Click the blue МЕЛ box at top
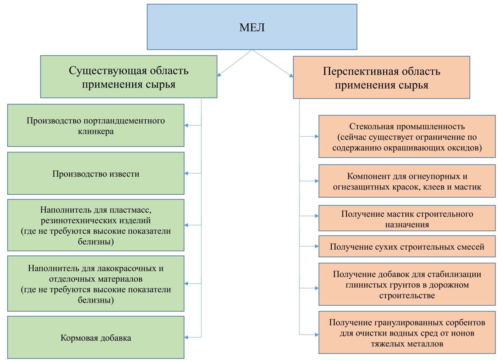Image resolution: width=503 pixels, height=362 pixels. (252, 27)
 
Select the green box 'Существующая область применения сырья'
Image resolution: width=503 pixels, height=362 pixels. (129, 77)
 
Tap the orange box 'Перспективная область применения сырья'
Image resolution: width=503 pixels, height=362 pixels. (382, 77)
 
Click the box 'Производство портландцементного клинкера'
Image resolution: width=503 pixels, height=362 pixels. (96, 126)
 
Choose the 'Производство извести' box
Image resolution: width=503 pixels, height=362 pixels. (96, 173)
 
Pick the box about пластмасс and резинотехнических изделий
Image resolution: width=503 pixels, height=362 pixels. (96, 225)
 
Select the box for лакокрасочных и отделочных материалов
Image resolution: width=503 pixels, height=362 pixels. (96, 284)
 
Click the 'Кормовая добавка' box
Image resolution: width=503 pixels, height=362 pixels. (96, 337)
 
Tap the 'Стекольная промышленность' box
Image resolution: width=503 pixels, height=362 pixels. (407, 137)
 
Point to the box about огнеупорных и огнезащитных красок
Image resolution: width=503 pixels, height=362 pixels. (407, 181)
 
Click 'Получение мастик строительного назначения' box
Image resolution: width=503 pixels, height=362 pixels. (407, 218)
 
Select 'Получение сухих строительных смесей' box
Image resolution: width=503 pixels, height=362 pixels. (407, 246)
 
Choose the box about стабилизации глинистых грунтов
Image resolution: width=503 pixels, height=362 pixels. (407, 285)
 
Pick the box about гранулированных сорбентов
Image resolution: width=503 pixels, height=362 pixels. (407, 332)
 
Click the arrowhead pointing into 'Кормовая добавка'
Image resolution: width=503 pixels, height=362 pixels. (186, 337)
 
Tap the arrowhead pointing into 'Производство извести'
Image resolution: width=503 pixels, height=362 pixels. (186, 173)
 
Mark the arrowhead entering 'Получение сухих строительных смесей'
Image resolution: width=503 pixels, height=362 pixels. (317, 246)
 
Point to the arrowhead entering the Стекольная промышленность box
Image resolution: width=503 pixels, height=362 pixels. (317, 137)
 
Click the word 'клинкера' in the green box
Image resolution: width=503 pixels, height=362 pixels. (96, 131)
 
